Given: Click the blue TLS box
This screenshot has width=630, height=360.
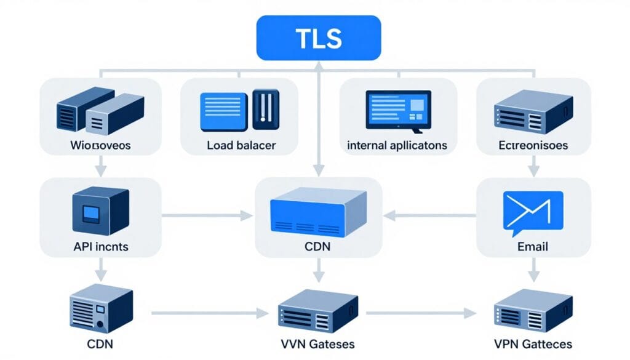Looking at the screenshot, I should click(319, 39).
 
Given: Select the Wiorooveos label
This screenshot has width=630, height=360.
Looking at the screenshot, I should click(101, 146).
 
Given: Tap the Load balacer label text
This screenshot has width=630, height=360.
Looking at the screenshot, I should click(241, 146).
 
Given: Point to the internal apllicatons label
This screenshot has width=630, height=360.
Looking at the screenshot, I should click(397, 146).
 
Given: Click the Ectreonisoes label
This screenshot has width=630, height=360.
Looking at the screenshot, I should click(533, 146).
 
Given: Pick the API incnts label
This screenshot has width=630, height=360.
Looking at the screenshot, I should click(100, 247).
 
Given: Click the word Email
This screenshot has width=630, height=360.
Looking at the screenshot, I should click(533, 247).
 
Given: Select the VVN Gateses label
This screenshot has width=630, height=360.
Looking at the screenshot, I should click(317, 343).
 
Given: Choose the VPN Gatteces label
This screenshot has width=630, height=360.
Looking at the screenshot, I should click(533, 343).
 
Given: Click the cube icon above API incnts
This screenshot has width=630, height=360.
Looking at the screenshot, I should click(100, 212).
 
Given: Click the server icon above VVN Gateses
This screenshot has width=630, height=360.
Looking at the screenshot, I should click(317, 311).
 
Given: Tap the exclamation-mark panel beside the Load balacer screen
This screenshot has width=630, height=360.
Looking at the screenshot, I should click(266, 110).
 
